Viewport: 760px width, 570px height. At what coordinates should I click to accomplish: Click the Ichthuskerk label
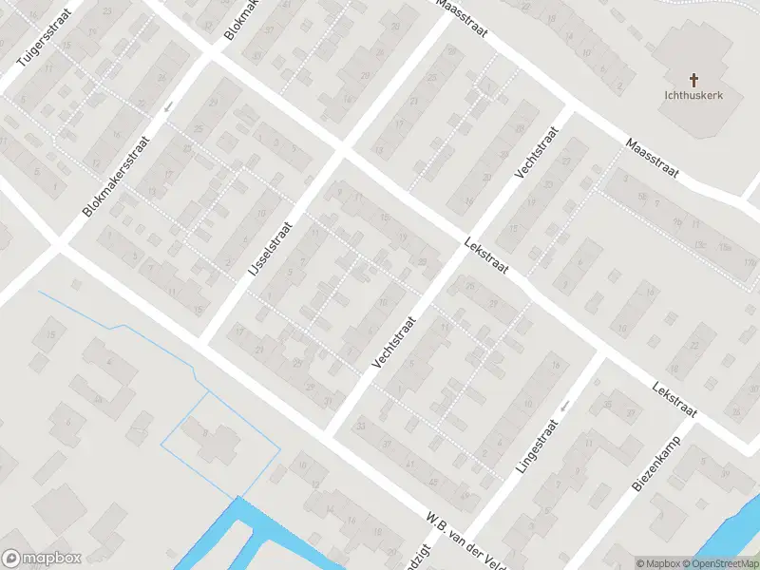[x=693, y=95]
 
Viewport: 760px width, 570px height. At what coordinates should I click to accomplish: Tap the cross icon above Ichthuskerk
[x=693, y=79]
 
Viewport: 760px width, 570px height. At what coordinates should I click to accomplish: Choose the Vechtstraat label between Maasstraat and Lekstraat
[x=534, y=153]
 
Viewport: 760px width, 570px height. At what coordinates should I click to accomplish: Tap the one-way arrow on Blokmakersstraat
[x=168, y=106]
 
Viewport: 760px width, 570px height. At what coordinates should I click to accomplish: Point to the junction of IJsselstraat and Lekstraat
[x=340, y=151]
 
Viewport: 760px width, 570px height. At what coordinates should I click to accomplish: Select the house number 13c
[x=725, y=247]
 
